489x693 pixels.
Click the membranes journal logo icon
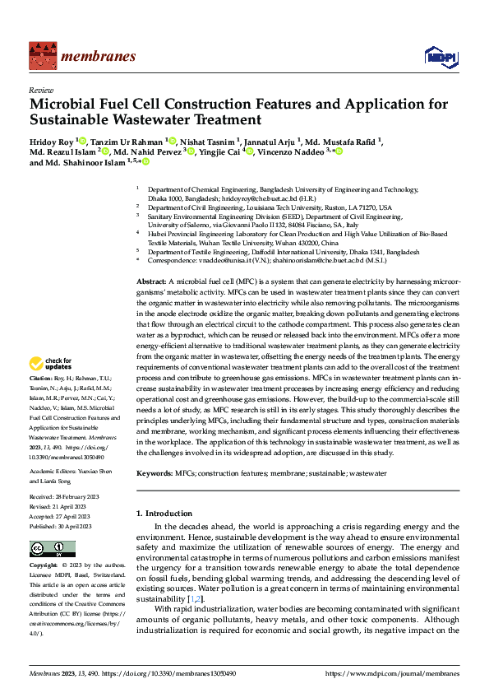(39, 57)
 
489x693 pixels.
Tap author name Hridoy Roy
(51, 141)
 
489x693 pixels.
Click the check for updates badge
(50, 363)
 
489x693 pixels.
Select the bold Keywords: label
(155, 474)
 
